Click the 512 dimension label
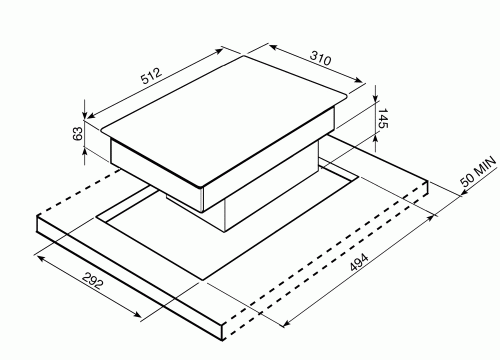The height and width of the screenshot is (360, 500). point(151,76)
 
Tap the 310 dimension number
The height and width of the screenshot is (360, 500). point(321,58)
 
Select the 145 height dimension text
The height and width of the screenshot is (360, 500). point(383,118)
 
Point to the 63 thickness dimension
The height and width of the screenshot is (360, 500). point(78,134)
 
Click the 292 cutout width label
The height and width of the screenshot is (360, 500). point(93,281)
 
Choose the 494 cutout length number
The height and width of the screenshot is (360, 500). point(359,262)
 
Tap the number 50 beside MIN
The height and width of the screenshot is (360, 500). point(467,180)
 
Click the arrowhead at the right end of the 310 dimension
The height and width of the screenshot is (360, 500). point(358,80)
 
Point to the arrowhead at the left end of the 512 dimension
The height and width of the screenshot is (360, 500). point(91,115)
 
